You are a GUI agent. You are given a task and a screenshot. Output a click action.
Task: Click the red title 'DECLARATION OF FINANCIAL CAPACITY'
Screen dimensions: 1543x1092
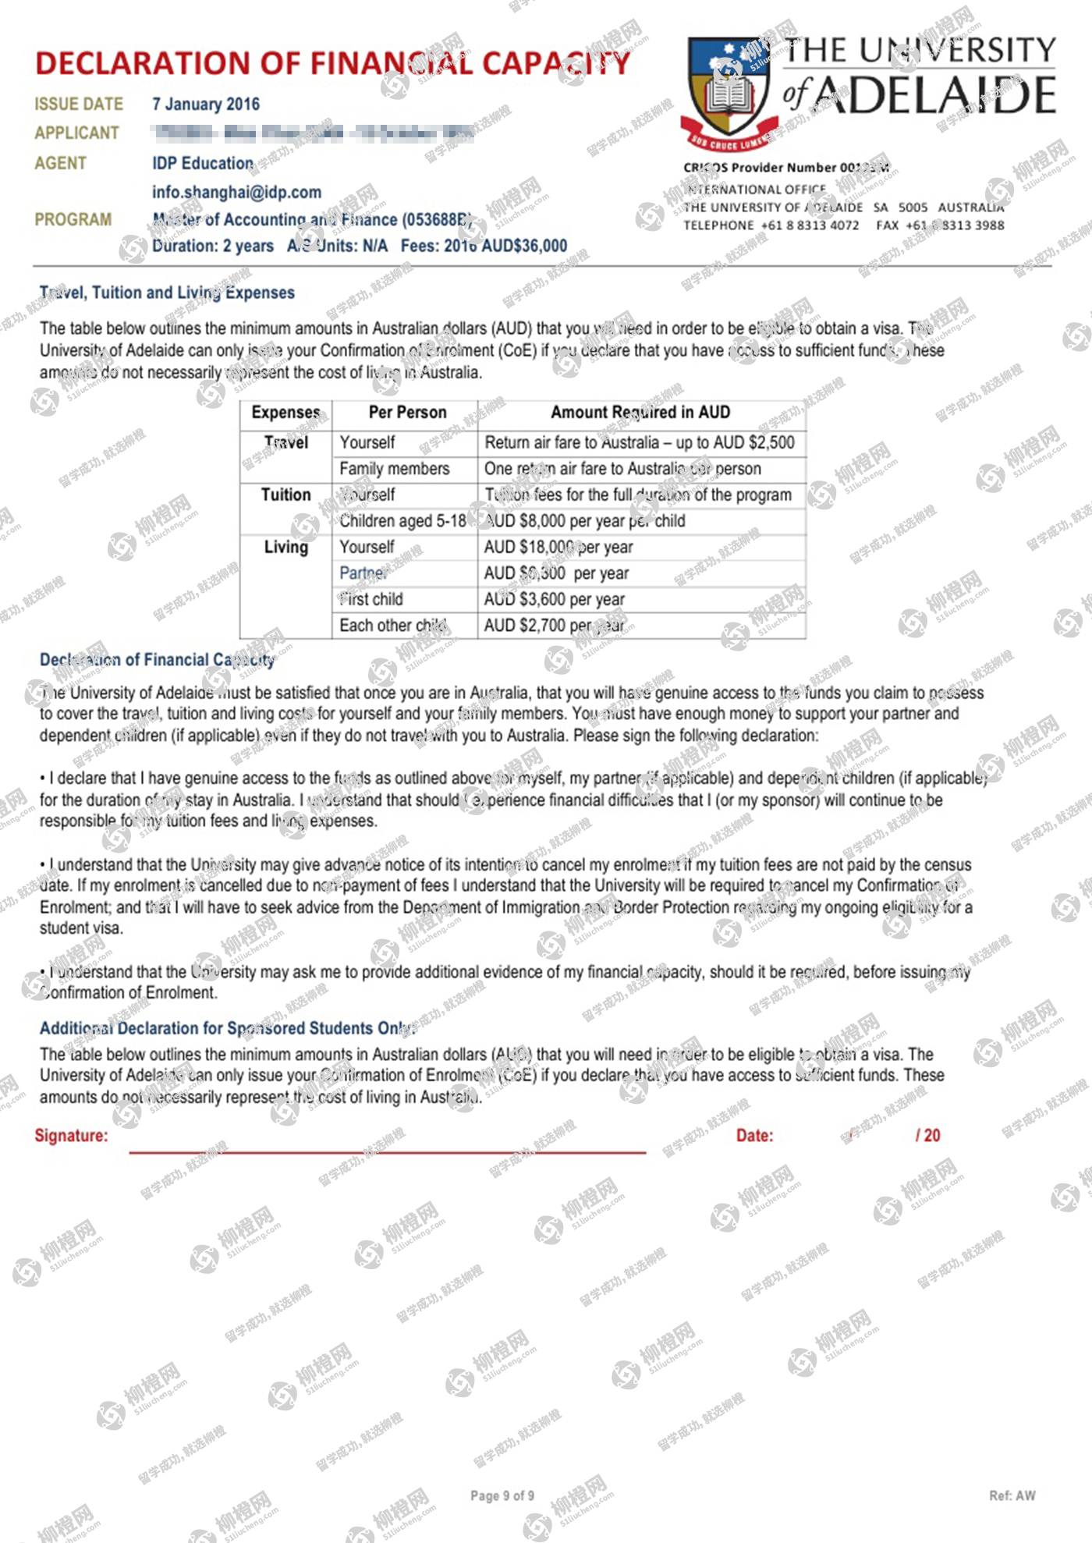coord(332,63)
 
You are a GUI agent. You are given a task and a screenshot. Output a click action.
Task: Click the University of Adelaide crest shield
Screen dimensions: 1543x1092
coord(729,90)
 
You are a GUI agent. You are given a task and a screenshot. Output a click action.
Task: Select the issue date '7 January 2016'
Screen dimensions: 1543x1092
coord(206,105)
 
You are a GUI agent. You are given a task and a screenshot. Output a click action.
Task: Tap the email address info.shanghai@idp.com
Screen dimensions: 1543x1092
coord(236,192)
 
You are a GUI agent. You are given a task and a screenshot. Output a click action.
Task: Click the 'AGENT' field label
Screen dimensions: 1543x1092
coord(60,163)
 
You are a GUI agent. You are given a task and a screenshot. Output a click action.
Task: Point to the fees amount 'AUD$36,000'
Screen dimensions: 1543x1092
coord(524,246)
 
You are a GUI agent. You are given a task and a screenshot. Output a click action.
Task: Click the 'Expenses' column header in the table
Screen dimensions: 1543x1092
coord(285,413)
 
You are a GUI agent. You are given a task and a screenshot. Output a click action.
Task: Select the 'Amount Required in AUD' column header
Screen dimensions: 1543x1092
coord(640,413)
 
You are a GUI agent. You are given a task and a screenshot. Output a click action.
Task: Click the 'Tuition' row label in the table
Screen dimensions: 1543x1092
coord(285,495)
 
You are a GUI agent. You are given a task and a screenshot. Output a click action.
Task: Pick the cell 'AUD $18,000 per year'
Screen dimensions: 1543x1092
coord(558,547)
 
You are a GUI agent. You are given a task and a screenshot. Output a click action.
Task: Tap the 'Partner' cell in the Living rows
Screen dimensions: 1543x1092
coord(363,573)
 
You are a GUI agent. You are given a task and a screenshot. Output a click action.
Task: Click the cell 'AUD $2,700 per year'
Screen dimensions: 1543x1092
coord(554,626)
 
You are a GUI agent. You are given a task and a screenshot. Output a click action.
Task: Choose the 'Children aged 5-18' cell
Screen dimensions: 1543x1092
coord(402,521)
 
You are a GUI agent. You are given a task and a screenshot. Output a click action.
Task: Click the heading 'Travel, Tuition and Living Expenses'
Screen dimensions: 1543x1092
coord(167,293)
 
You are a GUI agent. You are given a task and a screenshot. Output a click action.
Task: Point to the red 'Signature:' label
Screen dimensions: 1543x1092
coord(71,1136)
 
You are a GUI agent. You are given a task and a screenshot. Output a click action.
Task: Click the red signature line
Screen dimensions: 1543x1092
coord(387,1151)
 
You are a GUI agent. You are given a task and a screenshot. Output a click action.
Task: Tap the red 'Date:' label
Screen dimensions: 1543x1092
coord(754,1136)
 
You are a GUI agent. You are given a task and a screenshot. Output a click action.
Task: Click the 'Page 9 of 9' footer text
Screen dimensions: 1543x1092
coord(502,1495)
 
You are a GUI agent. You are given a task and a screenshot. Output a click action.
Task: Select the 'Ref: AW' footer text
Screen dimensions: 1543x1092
coord(1012,1495)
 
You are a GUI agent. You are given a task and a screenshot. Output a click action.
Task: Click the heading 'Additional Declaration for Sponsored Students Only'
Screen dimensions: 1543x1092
coord(227,1028)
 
